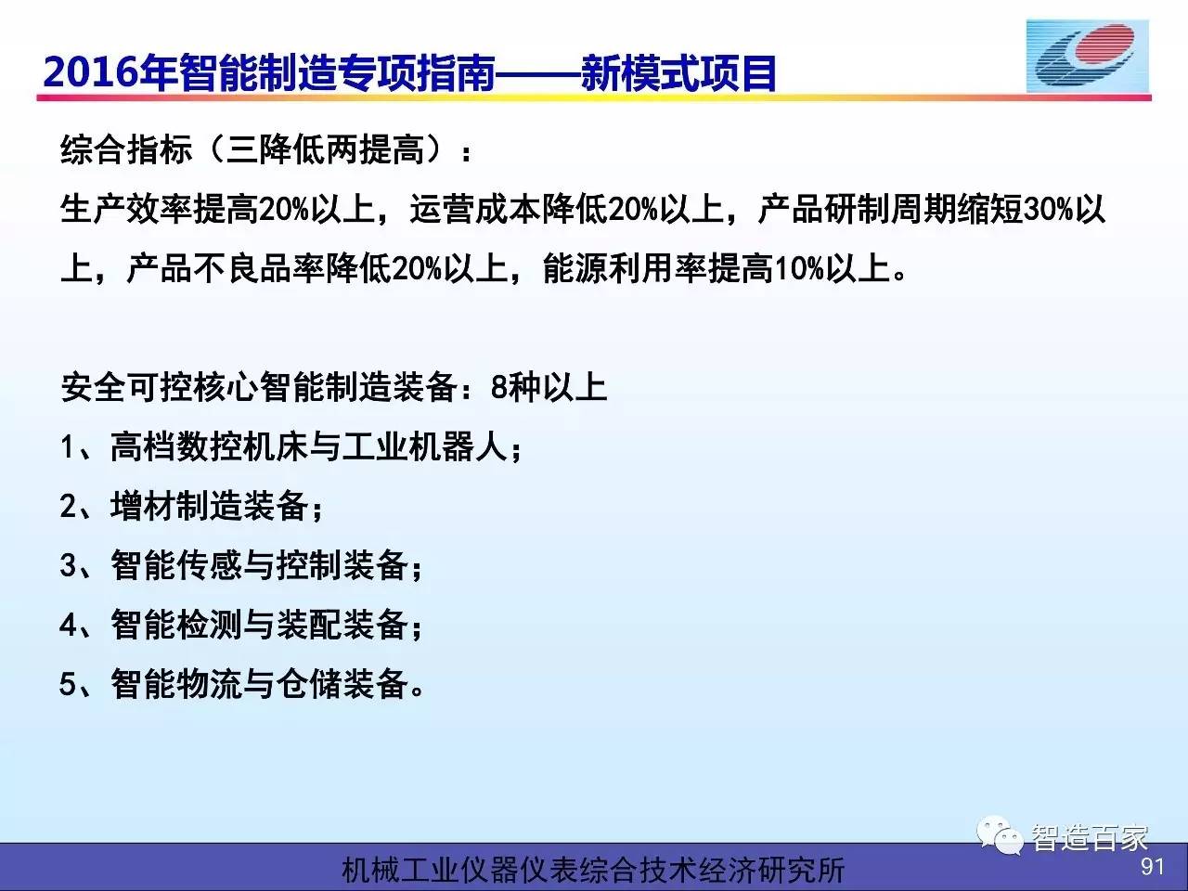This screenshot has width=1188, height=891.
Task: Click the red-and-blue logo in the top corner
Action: tap(1088, 57)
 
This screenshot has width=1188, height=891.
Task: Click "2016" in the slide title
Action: tap(90, 72)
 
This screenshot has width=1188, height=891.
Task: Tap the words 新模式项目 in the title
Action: tap(678, 72)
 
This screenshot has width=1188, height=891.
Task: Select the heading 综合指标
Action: tap(126, 149)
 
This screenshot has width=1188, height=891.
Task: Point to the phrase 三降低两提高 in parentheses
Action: tap(325, 149)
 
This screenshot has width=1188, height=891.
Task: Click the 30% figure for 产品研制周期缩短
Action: tap(1049, 210)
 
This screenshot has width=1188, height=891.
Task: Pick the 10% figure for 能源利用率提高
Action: tap(800, 269)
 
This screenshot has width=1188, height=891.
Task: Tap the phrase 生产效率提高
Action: tap(159, 210)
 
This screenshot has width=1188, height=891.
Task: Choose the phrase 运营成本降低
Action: tap(509, 210)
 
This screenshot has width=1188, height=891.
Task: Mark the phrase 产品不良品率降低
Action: tap(258, 269)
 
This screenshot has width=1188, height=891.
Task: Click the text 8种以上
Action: tap(549, 387)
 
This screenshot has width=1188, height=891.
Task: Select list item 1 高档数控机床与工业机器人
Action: tap(291, 446)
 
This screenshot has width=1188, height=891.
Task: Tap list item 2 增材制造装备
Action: tap(191, 507)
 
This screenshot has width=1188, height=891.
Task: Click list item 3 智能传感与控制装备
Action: tap(241, 566)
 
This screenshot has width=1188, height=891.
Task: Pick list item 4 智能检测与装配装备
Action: tap(241, 626)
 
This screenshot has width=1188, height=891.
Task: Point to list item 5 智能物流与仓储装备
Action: tap(241, 684)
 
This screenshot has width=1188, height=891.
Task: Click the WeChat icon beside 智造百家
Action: tap(1000, 836)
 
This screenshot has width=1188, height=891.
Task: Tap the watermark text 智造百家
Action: tap(1089, 838)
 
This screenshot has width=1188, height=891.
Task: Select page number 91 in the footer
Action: tap(1153, 867)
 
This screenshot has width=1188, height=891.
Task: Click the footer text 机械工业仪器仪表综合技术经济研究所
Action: tap(594, 871)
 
